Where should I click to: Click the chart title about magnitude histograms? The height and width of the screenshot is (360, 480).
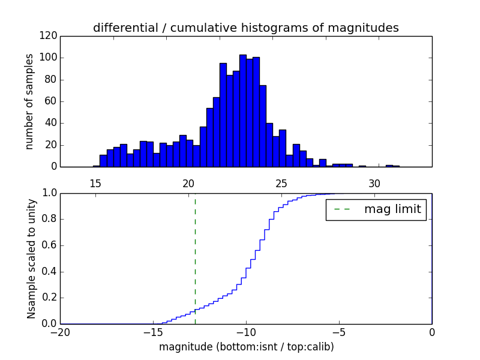[245, 28]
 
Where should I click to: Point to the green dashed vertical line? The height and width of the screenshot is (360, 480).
[195, 258]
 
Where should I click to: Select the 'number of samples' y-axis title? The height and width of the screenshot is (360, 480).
[29, 101]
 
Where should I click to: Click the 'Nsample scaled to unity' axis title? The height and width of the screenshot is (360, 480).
[31, 259]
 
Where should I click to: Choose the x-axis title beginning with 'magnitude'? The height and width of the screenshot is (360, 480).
[246, 347]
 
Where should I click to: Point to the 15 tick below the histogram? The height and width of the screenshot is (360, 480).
[95, 183]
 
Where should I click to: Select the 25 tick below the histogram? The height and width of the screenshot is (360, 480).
[281, 183]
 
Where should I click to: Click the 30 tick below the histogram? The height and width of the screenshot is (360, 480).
[374, 183]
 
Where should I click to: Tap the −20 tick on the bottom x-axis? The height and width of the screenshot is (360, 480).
[60, 332]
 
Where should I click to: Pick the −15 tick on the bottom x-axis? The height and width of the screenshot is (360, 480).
[153, 332]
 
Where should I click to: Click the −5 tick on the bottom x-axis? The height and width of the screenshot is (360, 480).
[339, 332]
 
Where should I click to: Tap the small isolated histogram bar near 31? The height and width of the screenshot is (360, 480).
[389, 166]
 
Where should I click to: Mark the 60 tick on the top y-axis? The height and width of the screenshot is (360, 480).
[51, 101]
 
